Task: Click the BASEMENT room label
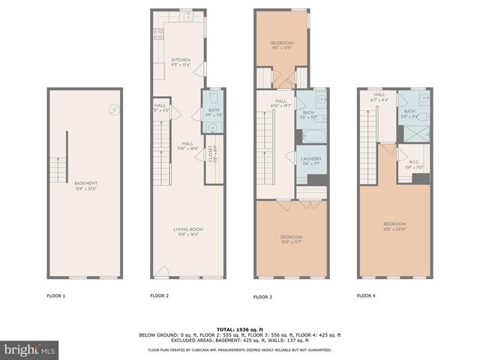click(85, 183)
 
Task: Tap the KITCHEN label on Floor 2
click(181, 60)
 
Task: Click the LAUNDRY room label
click(310, 159)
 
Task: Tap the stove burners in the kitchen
click(159, 34)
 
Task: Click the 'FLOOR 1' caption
click(55, 296)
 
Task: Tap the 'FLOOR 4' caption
click(366, 296)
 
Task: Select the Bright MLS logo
click(28, 349)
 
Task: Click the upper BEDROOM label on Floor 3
click(282, 43)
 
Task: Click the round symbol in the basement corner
click(114, 109)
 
